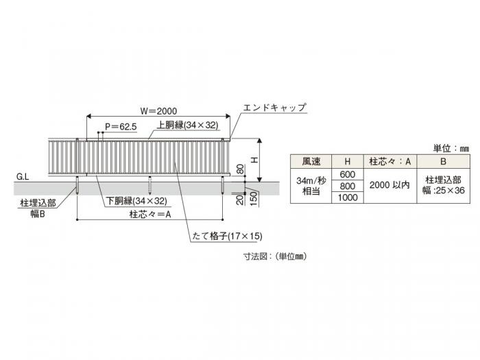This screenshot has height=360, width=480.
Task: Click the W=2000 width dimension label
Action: [158, 111]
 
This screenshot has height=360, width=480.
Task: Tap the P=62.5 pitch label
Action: [121, 127]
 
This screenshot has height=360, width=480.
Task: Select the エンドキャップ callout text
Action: [274, 108]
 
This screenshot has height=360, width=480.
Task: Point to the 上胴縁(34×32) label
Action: [188, 125]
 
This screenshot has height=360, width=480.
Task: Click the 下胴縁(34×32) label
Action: [136, 201]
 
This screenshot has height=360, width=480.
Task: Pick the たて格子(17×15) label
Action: [227, 236]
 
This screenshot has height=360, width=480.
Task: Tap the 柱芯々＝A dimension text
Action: [150, 214]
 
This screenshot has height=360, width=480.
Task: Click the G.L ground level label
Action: [23, 177]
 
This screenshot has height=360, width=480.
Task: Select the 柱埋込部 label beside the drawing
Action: [38, 203]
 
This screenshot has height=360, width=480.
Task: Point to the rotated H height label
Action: [254, 160]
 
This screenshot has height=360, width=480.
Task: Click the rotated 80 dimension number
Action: [241, 169]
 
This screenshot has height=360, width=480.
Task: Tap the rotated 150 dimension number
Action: [254, 199]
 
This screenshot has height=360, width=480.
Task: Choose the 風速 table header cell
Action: [311, 161]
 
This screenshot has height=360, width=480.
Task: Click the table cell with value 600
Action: [348, 174]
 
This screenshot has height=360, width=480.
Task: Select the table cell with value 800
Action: [348, 186]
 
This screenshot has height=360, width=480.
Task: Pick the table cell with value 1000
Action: [348, 197]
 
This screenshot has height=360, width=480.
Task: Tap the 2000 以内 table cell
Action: [389, 185]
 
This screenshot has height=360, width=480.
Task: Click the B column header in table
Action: [443, 161]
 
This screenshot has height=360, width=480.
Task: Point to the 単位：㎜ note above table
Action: [451, 149]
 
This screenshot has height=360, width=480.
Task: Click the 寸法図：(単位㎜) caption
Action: [274, 256]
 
